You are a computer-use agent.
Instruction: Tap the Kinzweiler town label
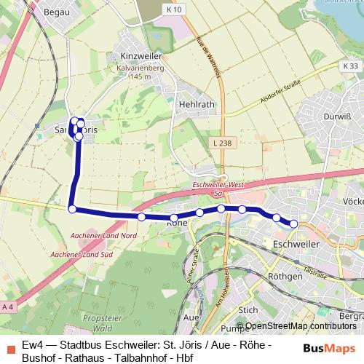coord(141,56)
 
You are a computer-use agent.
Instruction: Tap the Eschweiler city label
coord(296,245)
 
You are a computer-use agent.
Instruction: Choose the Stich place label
coord(248,309)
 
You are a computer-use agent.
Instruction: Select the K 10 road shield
coord(173,9)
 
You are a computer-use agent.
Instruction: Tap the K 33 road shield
coord(349,66)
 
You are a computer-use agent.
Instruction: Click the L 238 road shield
coord(223,143)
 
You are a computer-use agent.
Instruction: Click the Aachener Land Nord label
coord(104,236)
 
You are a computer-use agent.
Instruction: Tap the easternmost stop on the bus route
coord(293,223)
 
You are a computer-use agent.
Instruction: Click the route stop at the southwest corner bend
coord(72,210)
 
